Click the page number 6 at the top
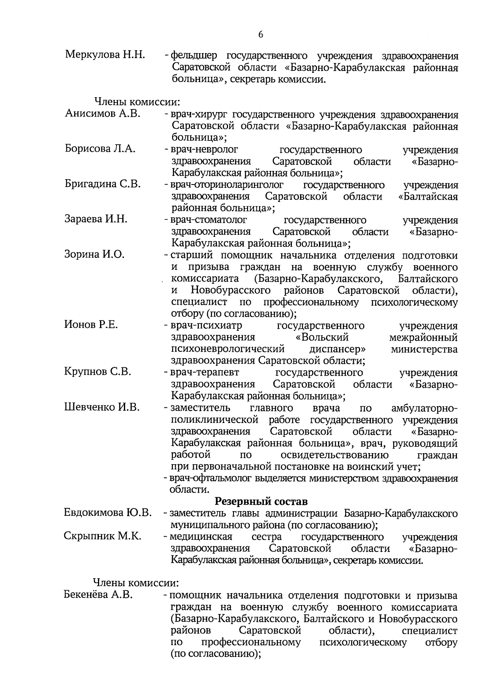(x=261, y=35)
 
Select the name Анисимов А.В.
(x=103, y=114)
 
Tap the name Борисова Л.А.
(x=100, y=149)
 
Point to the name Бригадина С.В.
(x=103, y=184)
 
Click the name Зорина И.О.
(x=94, y=255)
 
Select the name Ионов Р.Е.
(x=91, y=325)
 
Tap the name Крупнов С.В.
(x=98, y=372)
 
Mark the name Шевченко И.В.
(x=102, y=407)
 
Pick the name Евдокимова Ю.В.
(x=108, y=513)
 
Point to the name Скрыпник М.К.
(x=103, y=536)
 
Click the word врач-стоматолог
(x=209, y=220)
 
